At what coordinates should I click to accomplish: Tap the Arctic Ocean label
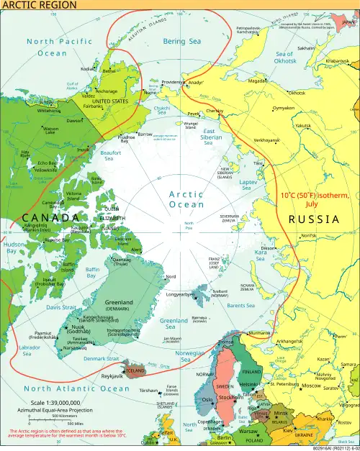[x=186, y=199]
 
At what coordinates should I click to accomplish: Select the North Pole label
[x=189, y=225]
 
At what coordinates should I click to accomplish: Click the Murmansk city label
[x=259, y=333]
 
